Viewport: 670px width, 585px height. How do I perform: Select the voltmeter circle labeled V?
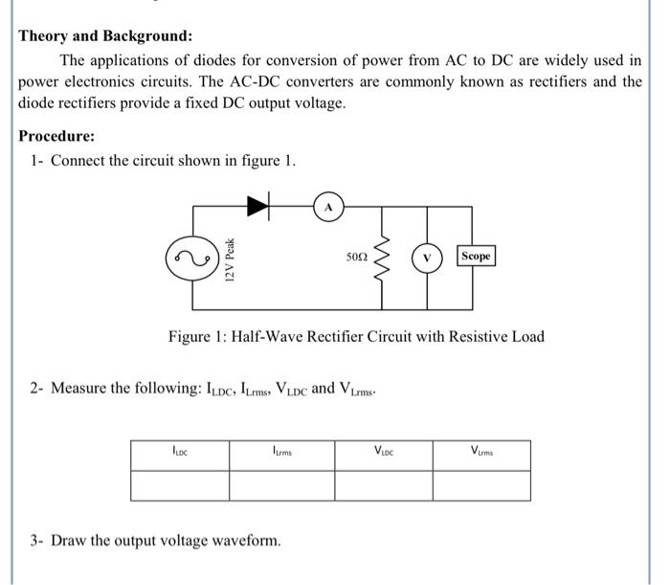point(427,257)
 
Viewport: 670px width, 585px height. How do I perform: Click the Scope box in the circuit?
point(476,257)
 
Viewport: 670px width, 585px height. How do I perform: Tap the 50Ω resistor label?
point(357,257)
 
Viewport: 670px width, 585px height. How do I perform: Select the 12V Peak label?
point(228,259)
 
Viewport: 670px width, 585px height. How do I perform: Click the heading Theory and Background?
point(105,36)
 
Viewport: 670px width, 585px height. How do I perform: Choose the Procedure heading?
point(56,136)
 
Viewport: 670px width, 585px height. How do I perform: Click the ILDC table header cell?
point(179,450)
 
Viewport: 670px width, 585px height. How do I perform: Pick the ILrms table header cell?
point(281,450)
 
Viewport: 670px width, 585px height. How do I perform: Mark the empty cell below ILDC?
point(179,485)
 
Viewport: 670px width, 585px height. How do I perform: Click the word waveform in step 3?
point(250,541)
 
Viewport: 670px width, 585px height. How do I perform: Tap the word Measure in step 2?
point(79,388)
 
